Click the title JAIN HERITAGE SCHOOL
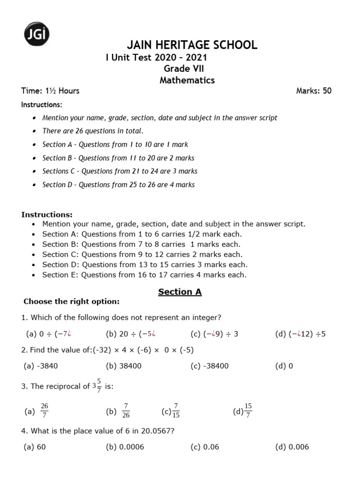coord(192,45)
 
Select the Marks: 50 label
coord(314,91)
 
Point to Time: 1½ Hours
coord(50,91)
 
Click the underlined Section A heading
coord(180,292)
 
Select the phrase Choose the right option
coord(71,301)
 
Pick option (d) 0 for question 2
coord(284,366)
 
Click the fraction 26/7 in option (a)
coord(45,410)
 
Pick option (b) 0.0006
coord(125,447)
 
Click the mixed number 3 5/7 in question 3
coord(96,387)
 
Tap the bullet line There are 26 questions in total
coord(93,131)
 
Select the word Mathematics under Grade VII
coord(187,80)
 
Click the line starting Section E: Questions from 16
coord(144,275)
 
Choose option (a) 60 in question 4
coord(35,447)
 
